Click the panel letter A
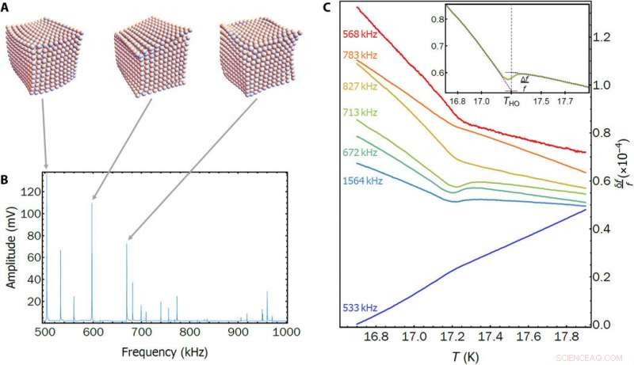[x=7, y=8]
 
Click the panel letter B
[x=7, y=178]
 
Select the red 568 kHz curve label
[x=361, y=34]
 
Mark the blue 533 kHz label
[x=361, y=307]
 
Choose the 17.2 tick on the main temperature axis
[x=453, y=336]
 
